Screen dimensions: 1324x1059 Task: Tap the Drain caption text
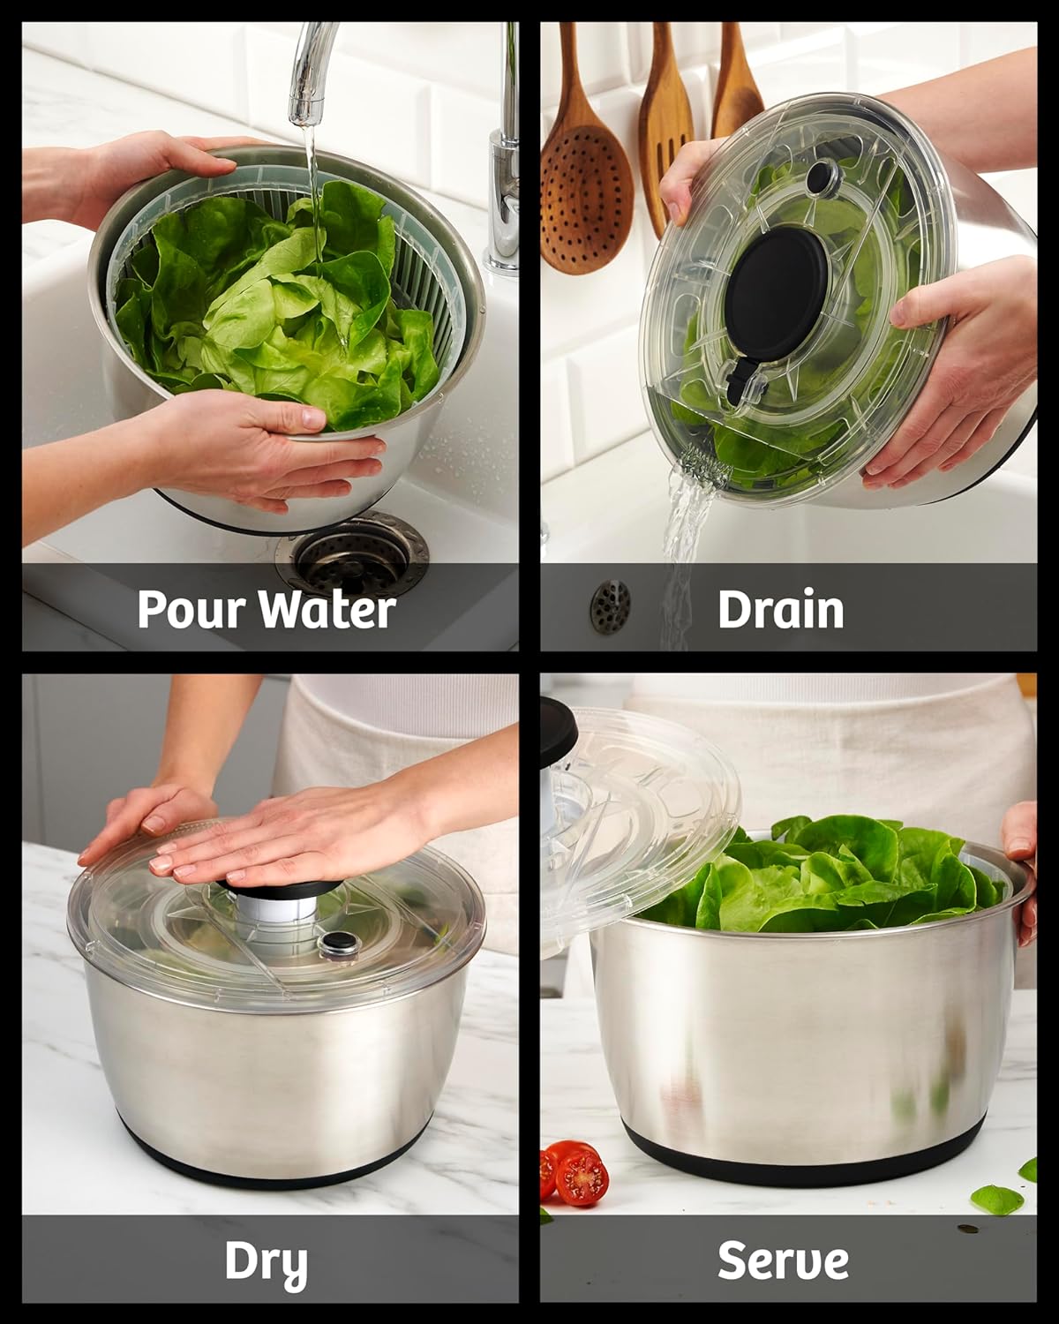tap(780, 609)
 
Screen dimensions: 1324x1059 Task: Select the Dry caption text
tap(266, 1263)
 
